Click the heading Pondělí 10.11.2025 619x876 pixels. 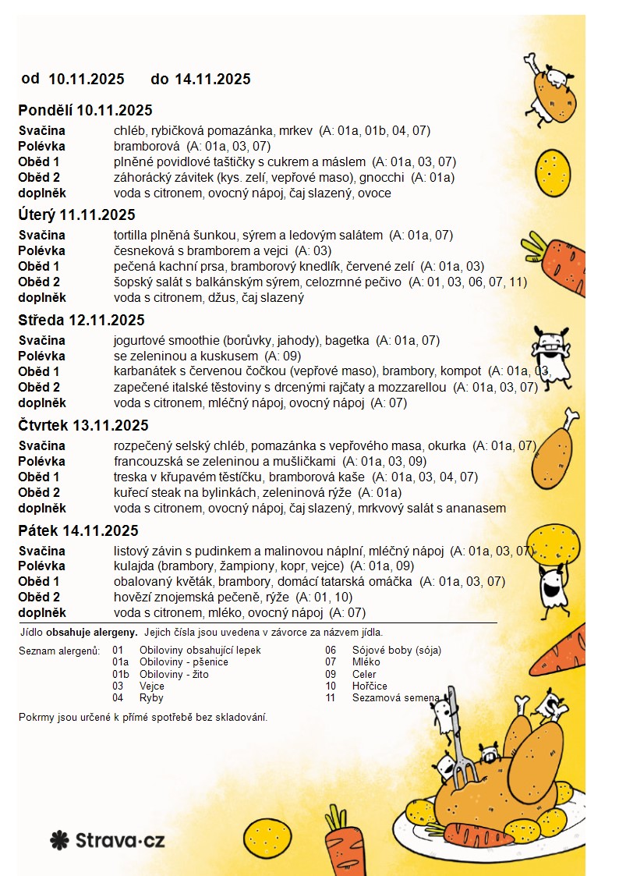[85, 110]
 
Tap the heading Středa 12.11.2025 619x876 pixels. [81, 320]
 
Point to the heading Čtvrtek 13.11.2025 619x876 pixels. [83, 425]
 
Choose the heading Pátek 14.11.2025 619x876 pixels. [78, 530]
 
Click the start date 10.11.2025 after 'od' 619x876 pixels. [87, 79]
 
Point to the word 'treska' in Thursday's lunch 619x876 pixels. [130, 477]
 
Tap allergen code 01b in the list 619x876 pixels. [120, 674]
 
